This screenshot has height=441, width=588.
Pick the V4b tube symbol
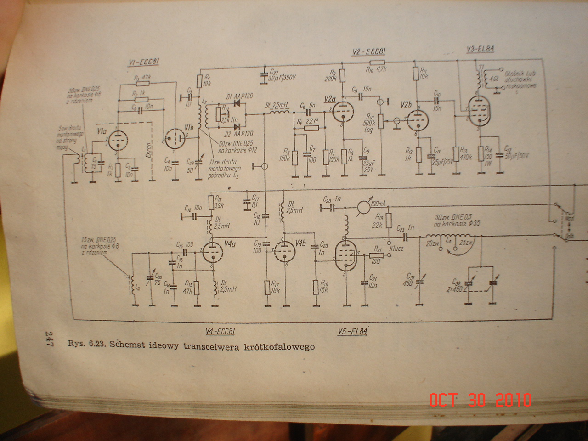285,251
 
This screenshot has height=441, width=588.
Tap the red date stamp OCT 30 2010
481,400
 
